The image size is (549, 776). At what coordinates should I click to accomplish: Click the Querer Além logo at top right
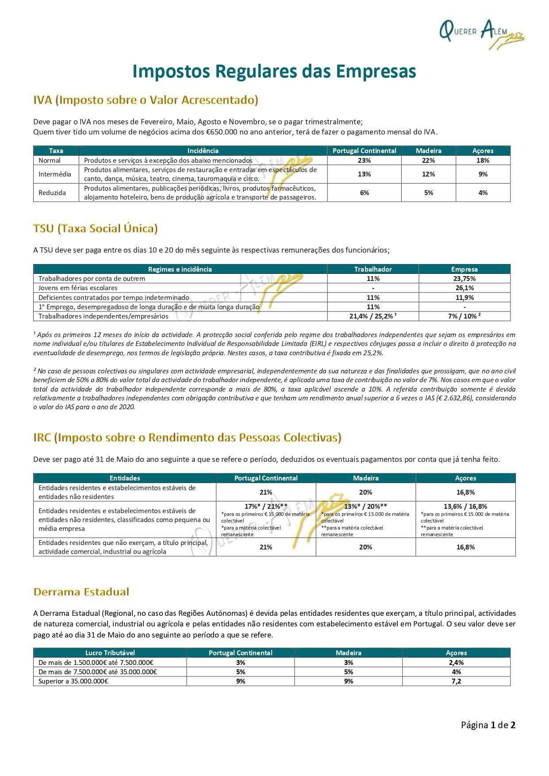pos(481,33)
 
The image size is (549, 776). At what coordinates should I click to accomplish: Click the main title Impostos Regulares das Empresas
pos(274,71)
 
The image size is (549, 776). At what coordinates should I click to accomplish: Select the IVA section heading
pos(146,100)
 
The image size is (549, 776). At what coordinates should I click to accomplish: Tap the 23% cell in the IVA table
pos(364,161)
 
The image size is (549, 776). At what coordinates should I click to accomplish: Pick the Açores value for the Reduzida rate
pos(483,193)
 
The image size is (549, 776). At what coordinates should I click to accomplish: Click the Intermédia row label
pos(55,174)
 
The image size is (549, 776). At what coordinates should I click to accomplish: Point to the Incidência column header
pos(203,151)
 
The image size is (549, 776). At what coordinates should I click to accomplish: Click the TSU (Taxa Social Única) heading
pos(96,228)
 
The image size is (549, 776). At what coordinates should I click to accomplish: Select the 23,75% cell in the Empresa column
pos(464,279)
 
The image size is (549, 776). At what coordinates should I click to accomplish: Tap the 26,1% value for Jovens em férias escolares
pos(464,288)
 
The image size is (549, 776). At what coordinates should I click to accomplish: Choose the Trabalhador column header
pos(372,269)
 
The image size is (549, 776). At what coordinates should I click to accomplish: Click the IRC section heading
pos(187,438)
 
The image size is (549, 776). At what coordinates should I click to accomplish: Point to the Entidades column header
pos(125,478)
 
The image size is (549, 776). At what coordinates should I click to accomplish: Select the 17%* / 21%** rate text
pos(266,506)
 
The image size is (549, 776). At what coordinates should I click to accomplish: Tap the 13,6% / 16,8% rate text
pos(465,506)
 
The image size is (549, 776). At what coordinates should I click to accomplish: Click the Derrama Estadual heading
pos(81,592)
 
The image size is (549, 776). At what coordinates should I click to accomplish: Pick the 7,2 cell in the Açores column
pos(456,681)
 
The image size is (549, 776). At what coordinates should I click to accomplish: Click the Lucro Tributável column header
pos(110,653)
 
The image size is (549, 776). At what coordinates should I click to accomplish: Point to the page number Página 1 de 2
pos(488,725)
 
